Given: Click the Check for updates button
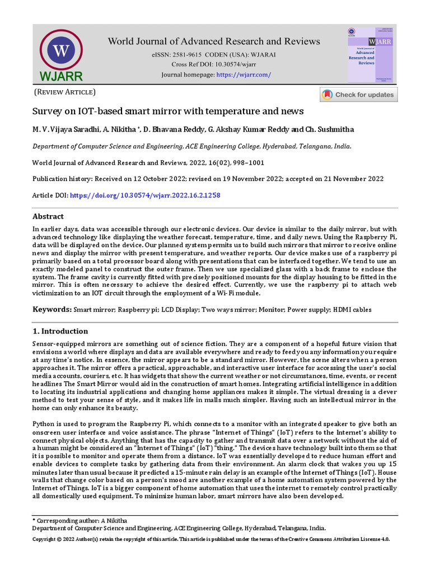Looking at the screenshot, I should tap(358, 95).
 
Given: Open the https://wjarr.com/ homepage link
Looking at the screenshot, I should tap(244, 75).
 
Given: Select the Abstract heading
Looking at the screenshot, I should tap(48, 216).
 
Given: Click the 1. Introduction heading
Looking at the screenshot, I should tap(60, 331).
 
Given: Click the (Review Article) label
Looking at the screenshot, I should tap(66, 92).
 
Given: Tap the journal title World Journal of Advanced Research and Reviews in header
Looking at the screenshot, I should tap(214, 41).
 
